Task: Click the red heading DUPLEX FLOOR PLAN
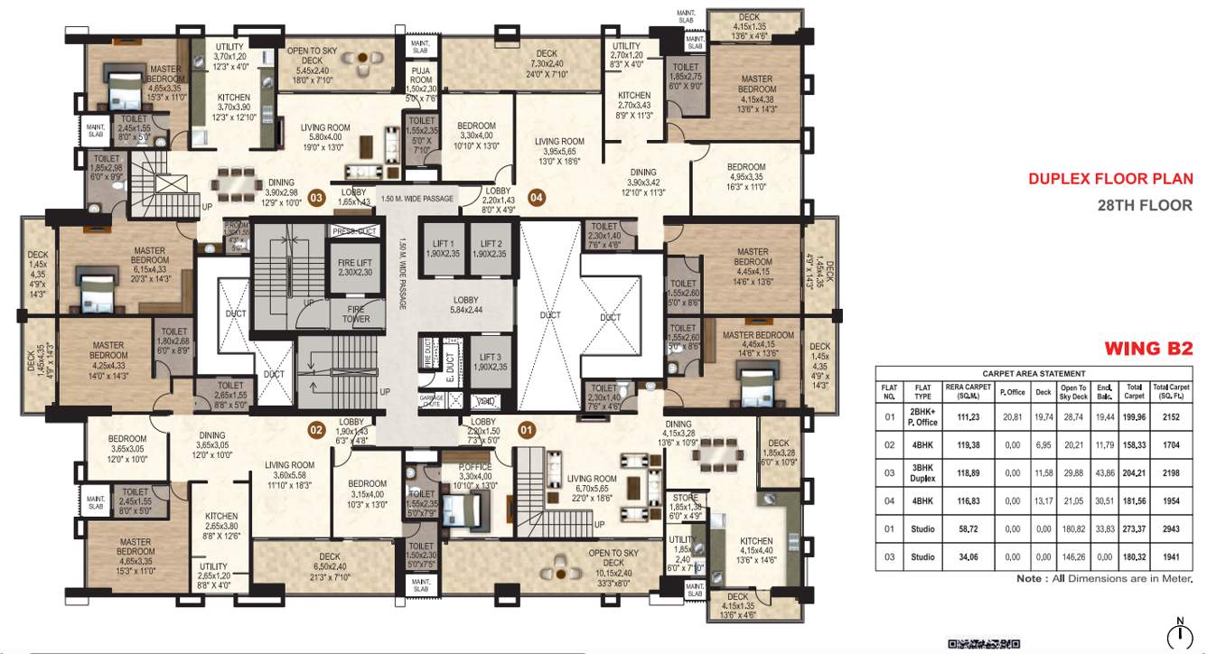pyautogui.click(x=1109, y=179)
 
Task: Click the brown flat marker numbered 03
pyautogui.click(x=316, y=197)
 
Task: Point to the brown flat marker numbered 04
pyautogui.click(x=537, y=197)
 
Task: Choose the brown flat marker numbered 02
pyautogui.click(x=316, y=430)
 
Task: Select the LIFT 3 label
pyautogui.click(x=491, y=362)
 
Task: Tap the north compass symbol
pyautogui.click(x=1179, y=635)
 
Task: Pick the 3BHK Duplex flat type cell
pyautogui.click(x=922, y=472)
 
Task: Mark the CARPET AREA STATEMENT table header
pyautogui.click(x=1034, y=373)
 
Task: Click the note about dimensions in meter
pyautogui.click(x=1104, y=578)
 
